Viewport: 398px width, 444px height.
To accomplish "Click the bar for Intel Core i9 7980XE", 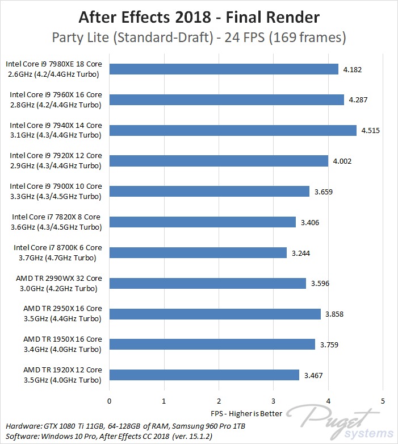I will (x=224, y=69).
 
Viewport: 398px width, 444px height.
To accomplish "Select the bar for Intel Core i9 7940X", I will (x=233, y=130).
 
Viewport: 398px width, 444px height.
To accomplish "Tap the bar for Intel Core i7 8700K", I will (x=198, y=252).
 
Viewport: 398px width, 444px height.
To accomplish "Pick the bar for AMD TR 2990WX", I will (x=207, y=283).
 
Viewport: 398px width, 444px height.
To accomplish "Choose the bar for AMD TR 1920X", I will (x=204, y=375).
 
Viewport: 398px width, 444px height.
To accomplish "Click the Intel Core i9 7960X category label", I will (x=56, y=99).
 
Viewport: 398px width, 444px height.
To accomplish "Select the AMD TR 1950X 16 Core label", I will (x=62, y=344).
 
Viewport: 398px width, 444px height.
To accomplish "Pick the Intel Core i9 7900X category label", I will (x=56, y=191).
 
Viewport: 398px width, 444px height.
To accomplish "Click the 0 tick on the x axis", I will (x=109, y=400).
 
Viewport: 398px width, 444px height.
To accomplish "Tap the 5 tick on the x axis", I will (x=383, y=400).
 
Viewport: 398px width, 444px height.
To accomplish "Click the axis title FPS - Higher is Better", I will (x=245, y=412).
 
